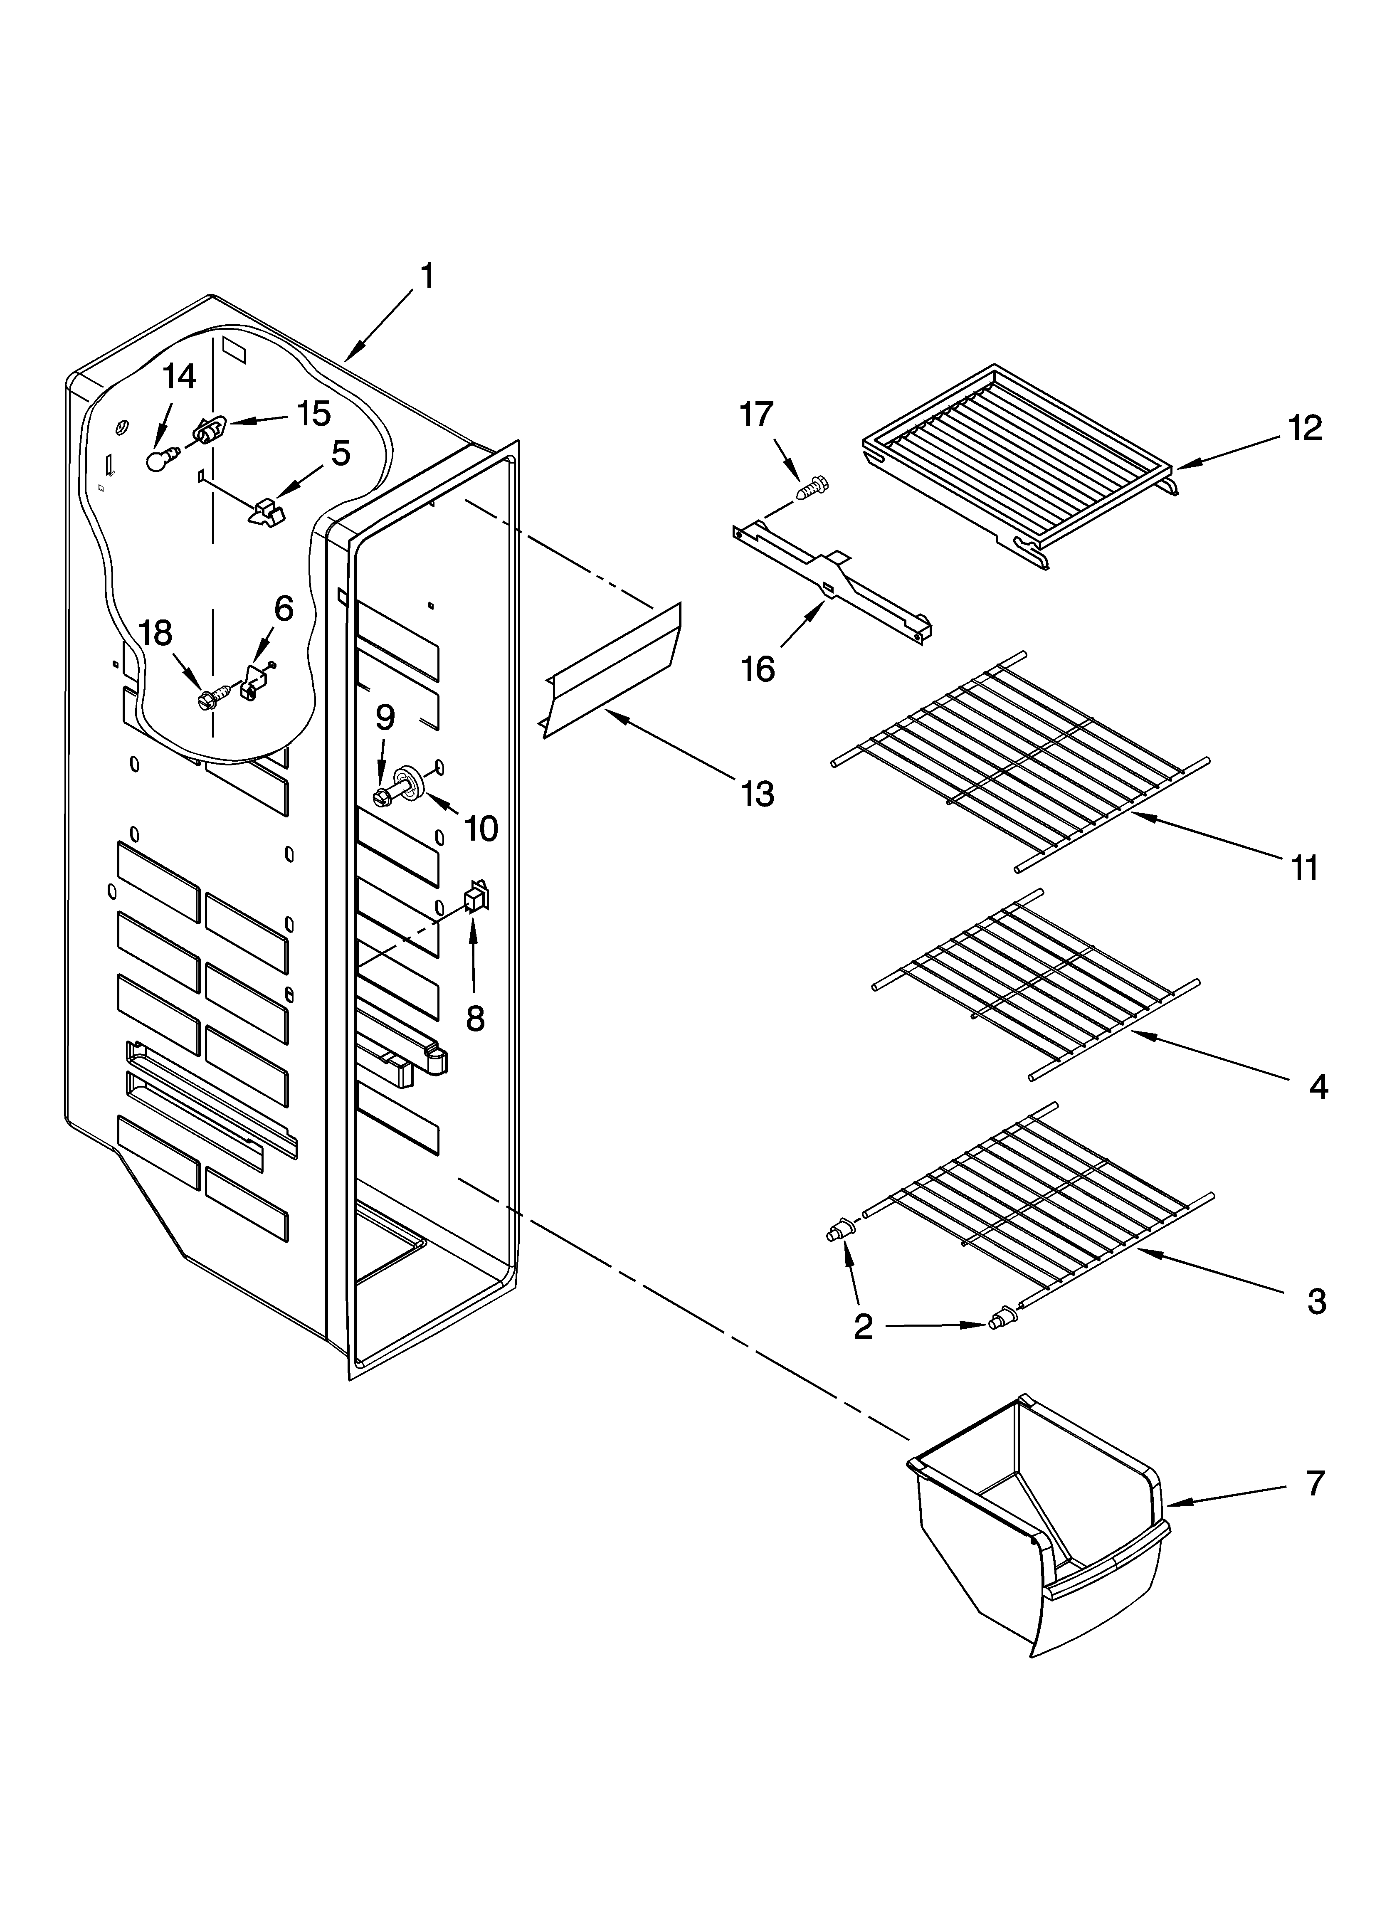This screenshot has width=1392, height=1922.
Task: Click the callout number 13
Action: pyautogui.click(x=757, y=795)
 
